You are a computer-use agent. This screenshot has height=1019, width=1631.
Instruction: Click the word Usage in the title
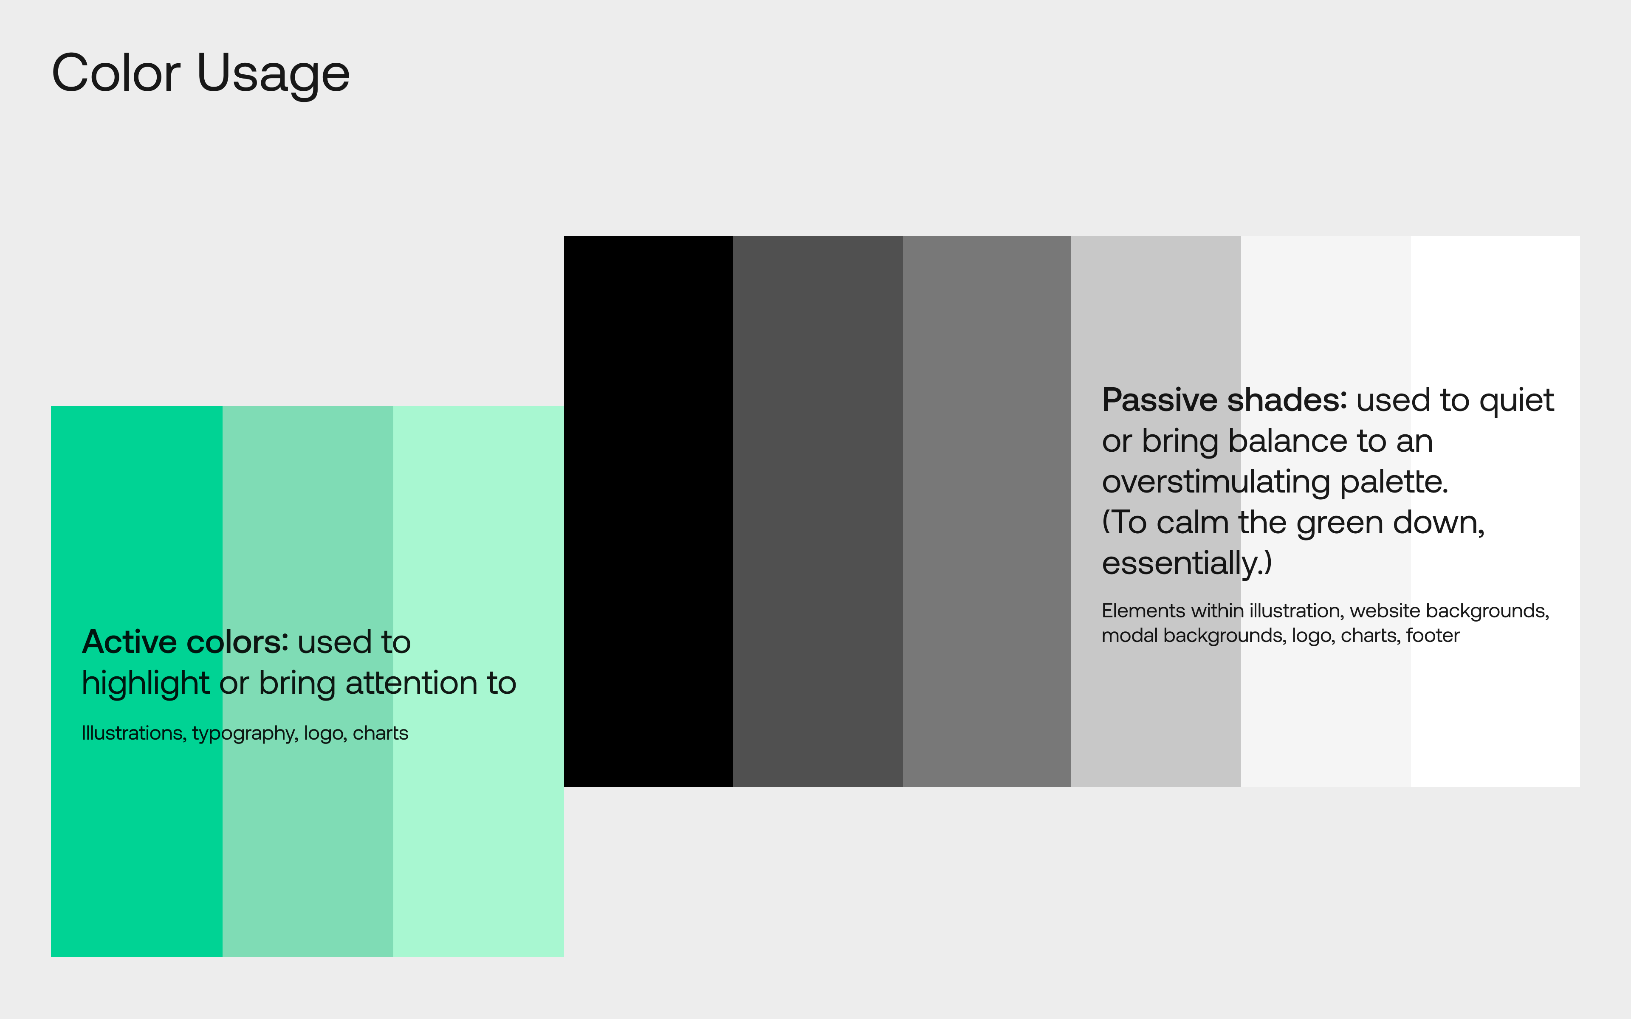click(x=273, y=74)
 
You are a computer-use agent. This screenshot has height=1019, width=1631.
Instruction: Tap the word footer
click(x=1433, y=636)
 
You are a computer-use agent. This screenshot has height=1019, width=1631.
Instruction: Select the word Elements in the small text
click(x=1143, y=611)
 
